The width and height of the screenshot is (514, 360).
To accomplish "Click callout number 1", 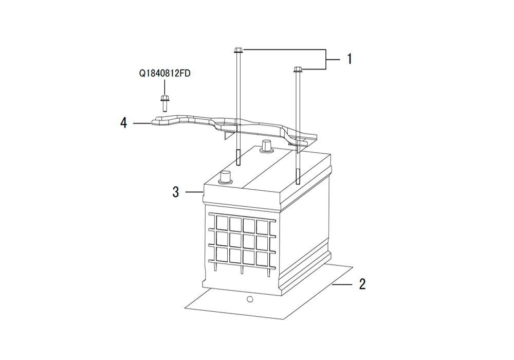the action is [350, 59].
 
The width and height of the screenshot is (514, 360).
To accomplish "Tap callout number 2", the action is [362, 284].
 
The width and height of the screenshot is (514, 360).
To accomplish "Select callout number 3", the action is [176, 192].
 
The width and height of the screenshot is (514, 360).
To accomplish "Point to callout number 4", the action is [123, 123].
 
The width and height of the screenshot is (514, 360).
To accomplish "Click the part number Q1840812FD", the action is [165, 73].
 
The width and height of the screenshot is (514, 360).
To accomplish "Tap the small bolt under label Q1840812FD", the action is [164, 103].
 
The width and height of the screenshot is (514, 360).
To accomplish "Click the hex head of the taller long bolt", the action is [238, 50].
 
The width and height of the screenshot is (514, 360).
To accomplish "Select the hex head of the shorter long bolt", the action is [298, 69].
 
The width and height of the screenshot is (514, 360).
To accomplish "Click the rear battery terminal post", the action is [266, 146].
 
